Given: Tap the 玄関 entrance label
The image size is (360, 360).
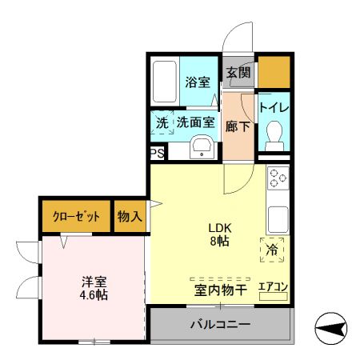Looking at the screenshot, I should pos(238,72).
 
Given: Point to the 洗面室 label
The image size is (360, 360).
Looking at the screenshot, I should pos(195,123).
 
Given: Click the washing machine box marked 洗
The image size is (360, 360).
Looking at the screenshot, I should pos(162,123).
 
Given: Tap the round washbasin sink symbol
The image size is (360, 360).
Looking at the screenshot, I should pos(202,147).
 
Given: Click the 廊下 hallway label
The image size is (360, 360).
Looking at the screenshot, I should pos(238,126).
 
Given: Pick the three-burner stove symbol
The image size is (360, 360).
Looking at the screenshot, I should pos(278,178).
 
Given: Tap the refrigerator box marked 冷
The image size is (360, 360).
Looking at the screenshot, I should pos(273,250).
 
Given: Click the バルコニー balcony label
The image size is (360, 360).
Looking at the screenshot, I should pos(219,325).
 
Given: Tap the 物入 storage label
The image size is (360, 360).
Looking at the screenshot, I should pos(129,216).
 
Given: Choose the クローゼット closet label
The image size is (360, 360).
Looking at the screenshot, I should pos(77,216).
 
